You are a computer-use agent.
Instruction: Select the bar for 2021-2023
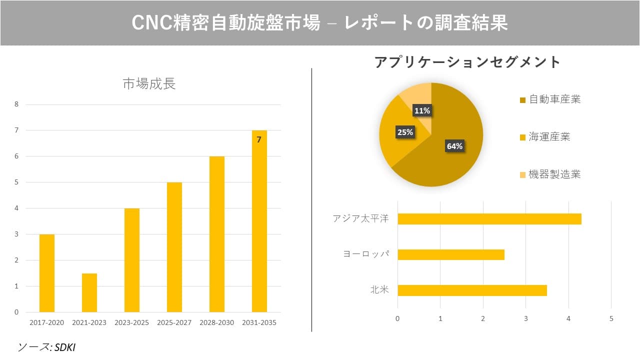(x=89, y=292)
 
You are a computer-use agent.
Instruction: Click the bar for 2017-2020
(x=46, y=273)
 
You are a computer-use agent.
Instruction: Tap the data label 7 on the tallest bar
(x=259, y=140)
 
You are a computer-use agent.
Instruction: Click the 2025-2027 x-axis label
(x=174, y=322)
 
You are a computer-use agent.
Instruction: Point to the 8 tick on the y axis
(x=16, y=104)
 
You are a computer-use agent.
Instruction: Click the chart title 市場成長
(x=149, y=84)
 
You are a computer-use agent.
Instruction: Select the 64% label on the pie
(x=454, y=146)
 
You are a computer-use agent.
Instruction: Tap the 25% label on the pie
(x=404, y=132)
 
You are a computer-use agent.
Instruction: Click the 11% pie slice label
(x=422, y=110)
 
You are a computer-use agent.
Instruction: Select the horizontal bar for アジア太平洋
(x=489, y=219)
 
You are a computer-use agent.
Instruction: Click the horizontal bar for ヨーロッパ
(x=450, y=254)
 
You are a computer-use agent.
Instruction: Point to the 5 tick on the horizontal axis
(x=611, y=318)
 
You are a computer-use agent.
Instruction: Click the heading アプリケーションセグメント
(x=467, y=62)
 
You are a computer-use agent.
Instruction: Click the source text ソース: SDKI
(x=46, y=347)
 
